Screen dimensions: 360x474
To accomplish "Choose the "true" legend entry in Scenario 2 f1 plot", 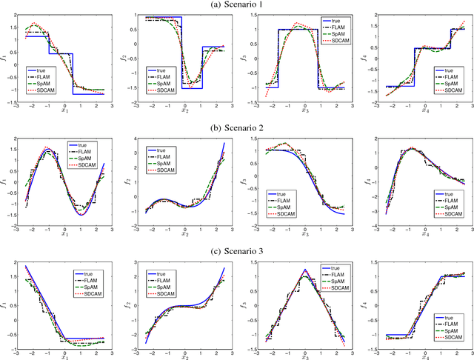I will click(81, 146).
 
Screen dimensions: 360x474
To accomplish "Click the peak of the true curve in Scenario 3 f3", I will click(305, 270).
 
